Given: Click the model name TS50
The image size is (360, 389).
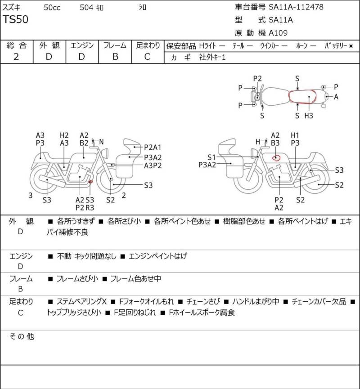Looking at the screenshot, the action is tap(16, 19).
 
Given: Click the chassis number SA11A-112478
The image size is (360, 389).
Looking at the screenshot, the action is tap(296, 7).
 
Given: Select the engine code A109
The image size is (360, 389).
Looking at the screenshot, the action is tap(278, 33).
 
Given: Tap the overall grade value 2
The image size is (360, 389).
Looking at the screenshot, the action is tap(16, 57).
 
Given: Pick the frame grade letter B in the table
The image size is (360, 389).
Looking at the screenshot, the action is tap(115, 57).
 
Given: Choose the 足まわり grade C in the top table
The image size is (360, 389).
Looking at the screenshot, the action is tap(147, 57).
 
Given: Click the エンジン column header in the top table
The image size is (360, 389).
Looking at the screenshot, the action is tap(82, 45).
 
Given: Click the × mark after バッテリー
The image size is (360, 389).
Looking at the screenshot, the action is tap(351, 46).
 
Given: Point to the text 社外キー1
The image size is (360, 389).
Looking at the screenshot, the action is tap(212, 57).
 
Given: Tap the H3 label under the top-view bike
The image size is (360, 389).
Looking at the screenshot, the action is tap(309, 116).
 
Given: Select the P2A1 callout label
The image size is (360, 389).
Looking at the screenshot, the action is tap(153, 148).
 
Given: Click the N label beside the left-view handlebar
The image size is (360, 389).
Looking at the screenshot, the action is tap(101, 142).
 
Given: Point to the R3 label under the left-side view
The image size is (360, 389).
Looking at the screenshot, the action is tap(90, 208).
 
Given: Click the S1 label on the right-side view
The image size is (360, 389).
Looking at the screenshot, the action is tap(211, 157).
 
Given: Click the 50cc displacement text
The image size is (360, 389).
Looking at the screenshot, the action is tap(52, 8).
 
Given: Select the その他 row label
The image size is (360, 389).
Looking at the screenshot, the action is tap(22, 336).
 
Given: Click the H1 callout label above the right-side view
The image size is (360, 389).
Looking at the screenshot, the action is tap(295, 135).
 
